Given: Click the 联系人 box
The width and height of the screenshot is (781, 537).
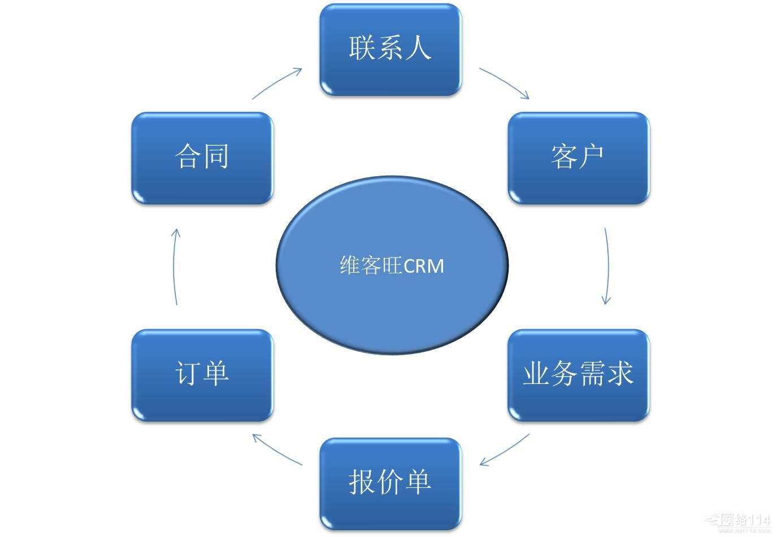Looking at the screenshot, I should [x=390, y=49].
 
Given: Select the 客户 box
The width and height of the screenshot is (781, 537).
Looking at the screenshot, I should [x=578, y=158].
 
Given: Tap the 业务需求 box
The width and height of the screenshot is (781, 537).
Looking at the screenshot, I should [x=578, y=375].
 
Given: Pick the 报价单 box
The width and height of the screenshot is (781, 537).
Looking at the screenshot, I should [x=390, y=483].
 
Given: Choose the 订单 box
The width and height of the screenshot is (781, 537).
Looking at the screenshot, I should [x=202, y=375].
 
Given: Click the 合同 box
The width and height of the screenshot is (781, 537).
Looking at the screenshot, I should [x=202, y=158].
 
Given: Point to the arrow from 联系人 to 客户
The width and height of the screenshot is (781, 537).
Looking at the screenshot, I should [x=505, y=82].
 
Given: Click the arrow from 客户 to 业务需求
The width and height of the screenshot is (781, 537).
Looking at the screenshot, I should [x=608, y=266].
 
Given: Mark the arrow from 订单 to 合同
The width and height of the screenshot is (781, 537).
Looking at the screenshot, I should [x=175, y=266].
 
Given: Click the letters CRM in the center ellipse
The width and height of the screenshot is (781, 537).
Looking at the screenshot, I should [x=424, y=266].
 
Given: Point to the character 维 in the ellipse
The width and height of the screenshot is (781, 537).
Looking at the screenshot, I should [x=350, y=266].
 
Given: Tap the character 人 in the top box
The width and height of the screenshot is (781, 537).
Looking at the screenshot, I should [x=418, y=47].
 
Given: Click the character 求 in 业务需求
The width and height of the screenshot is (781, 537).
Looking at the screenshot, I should [x=620, y=374].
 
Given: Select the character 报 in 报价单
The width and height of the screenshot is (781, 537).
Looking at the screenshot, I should [x=362, y=482].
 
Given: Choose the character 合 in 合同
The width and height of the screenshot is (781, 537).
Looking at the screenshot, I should [x=188, y=156].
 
